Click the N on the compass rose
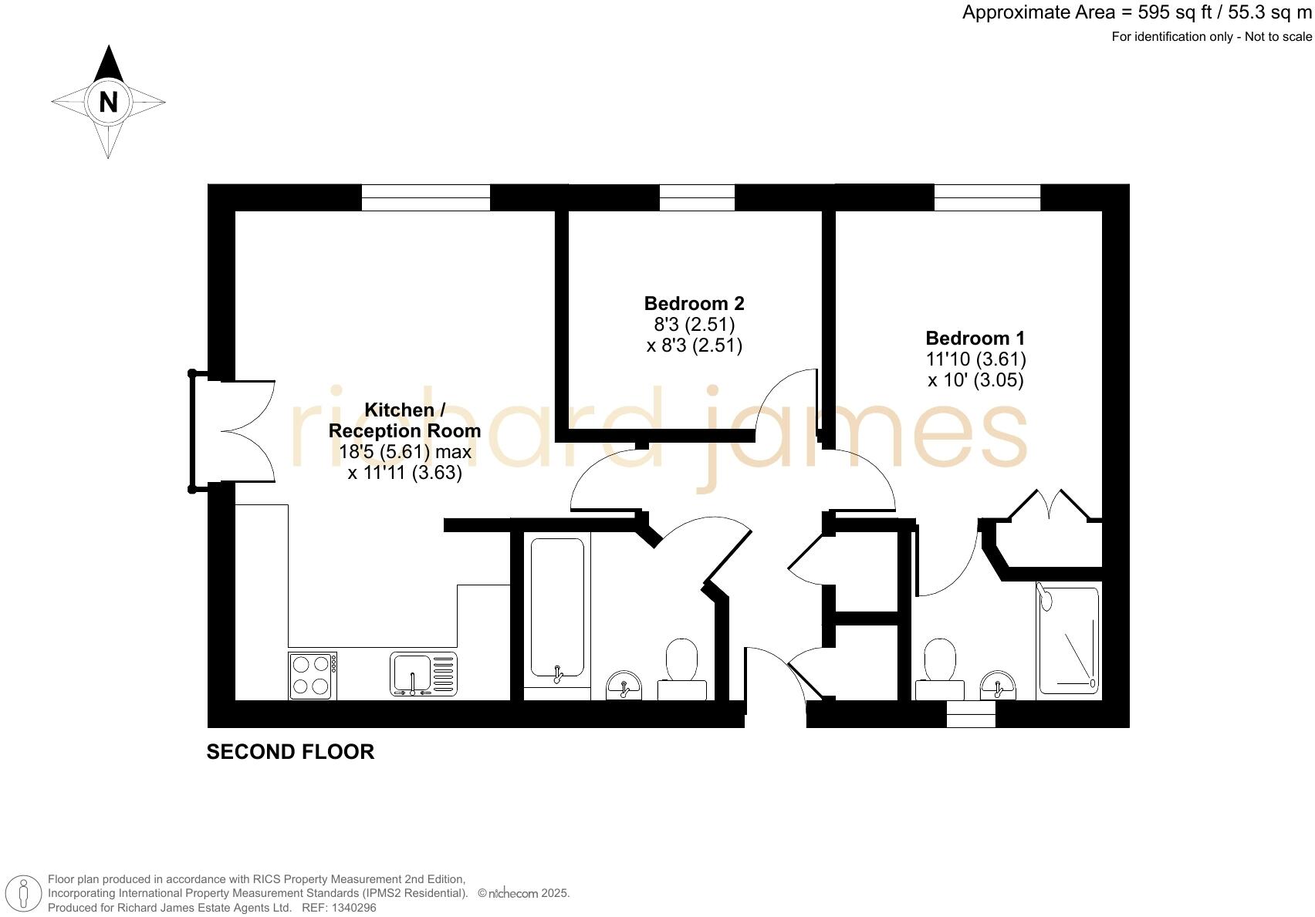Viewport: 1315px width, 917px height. (108, 102)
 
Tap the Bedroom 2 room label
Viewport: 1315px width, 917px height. (694, 304)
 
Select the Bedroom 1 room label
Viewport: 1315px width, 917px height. (975, 339)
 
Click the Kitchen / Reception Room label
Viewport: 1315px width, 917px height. (404, 420)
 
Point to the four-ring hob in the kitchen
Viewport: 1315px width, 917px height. (313, 676)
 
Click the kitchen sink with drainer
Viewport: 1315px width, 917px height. (424, 674)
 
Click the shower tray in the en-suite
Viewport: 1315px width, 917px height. (1068, 641)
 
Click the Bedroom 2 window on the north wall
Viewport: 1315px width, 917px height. (697, 197)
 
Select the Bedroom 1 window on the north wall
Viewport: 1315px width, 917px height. (987, 197)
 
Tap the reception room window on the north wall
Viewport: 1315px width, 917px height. (426, 197)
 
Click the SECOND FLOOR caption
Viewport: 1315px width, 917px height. (290, 752)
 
